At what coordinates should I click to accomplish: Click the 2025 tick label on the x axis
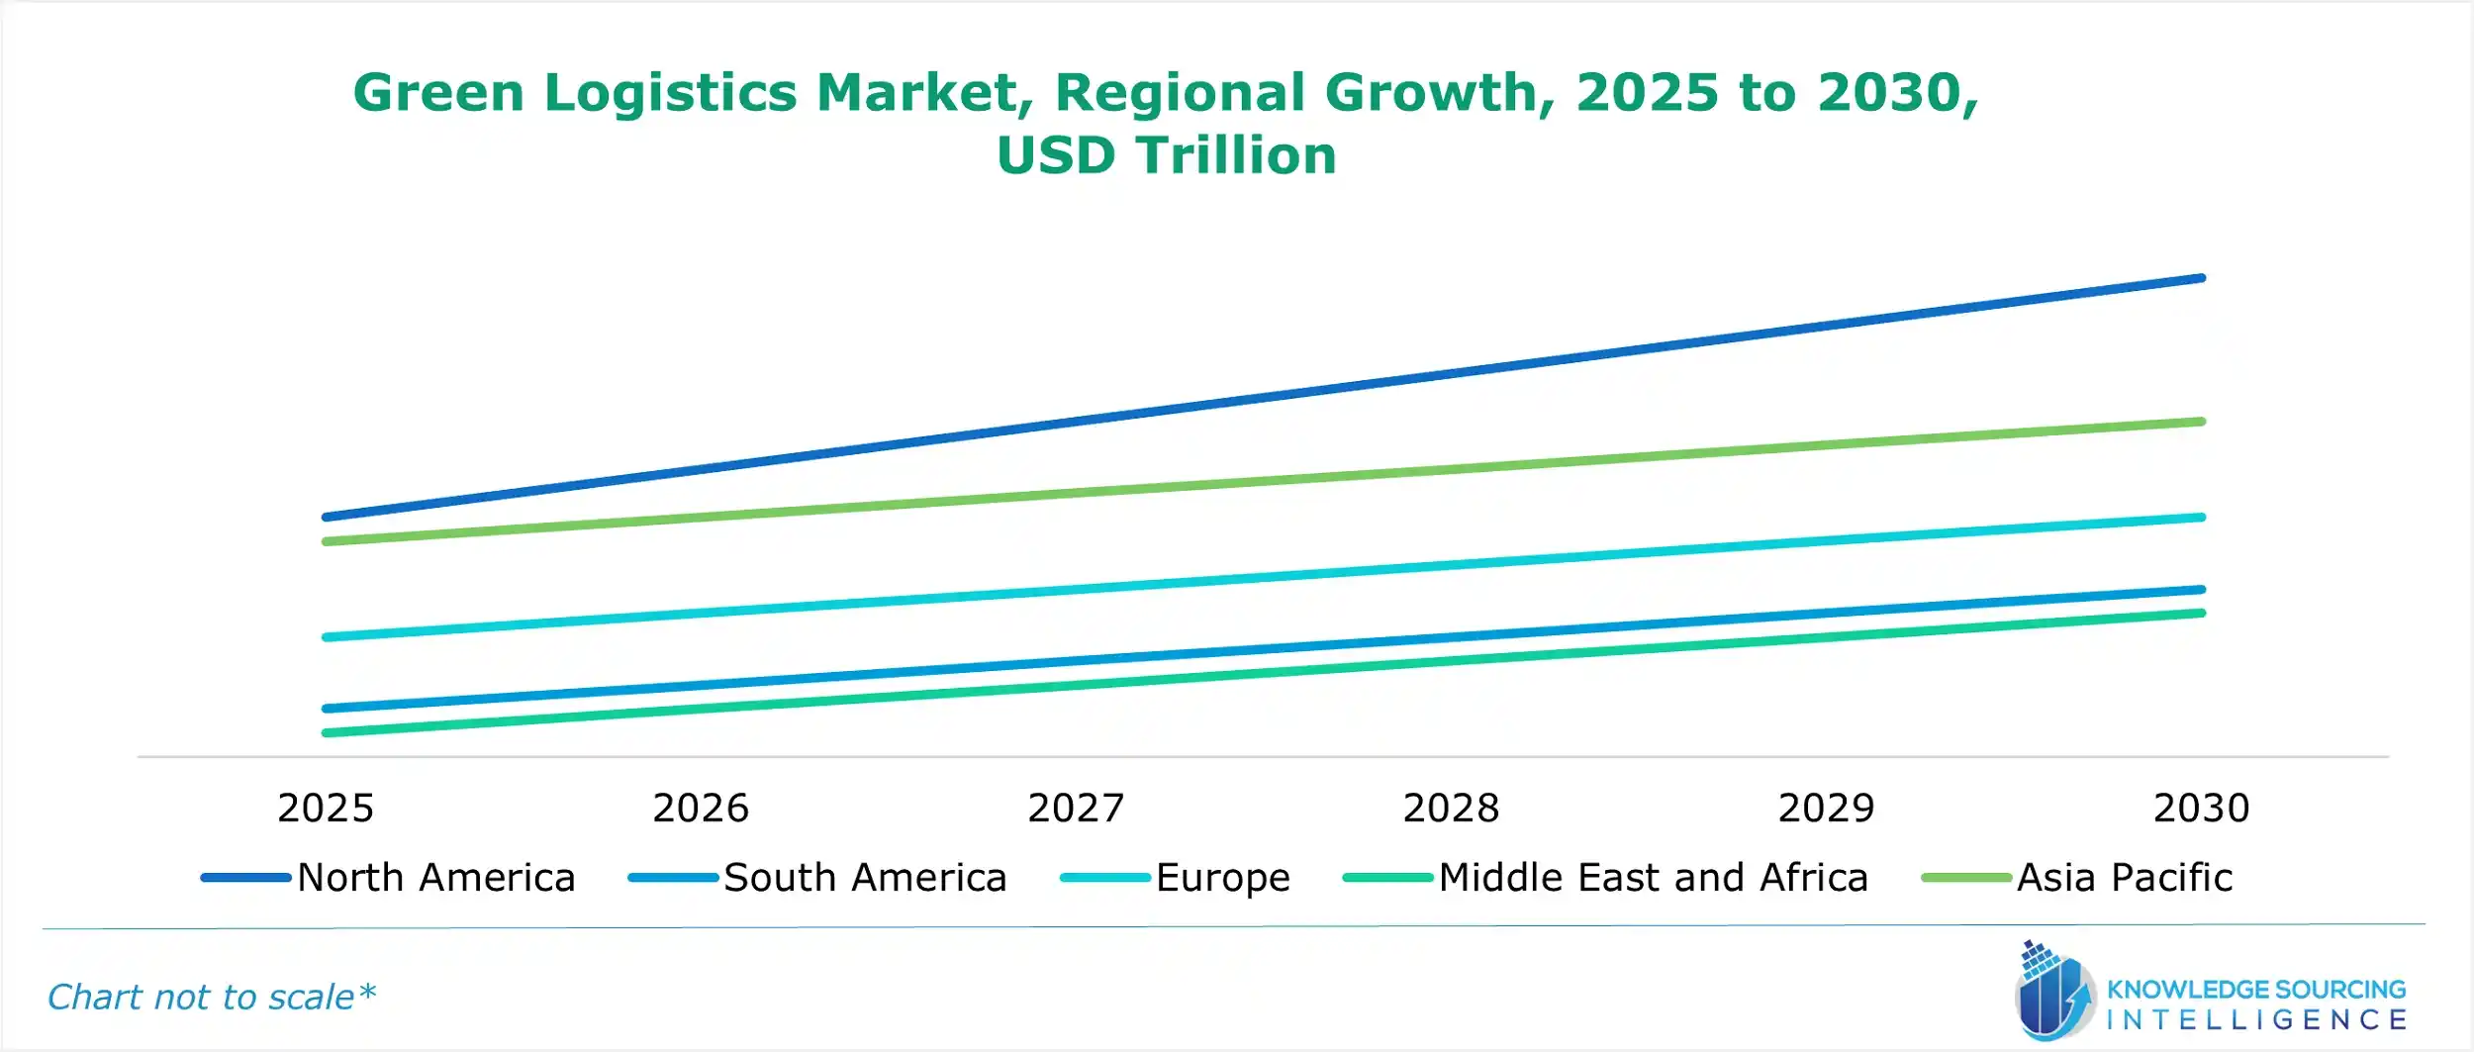[326, 809]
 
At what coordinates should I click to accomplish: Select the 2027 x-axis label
[1076, 809]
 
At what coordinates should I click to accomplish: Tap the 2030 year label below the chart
[2202, 809]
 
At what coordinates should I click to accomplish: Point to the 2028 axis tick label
[1451, 809]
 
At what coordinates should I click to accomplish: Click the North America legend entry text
[436, 878]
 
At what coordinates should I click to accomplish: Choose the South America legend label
[865, 878]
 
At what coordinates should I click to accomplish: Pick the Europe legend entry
[1223, 878]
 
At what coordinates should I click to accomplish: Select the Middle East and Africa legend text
[1654, 878]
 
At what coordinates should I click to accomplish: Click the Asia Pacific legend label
[2125, 878]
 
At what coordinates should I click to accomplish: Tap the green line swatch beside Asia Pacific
[1966, 878]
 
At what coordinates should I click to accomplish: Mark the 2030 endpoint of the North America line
[2201, 279]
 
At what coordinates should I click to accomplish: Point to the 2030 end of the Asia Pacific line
[2201, 423]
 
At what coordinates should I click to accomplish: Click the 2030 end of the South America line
[2201, 590]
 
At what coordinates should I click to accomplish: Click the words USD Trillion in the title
[1167, 155]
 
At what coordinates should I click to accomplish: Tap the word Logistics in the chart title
[670, 93]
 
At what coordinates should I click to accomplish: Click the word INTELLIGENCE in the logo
[2256, 1019]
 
